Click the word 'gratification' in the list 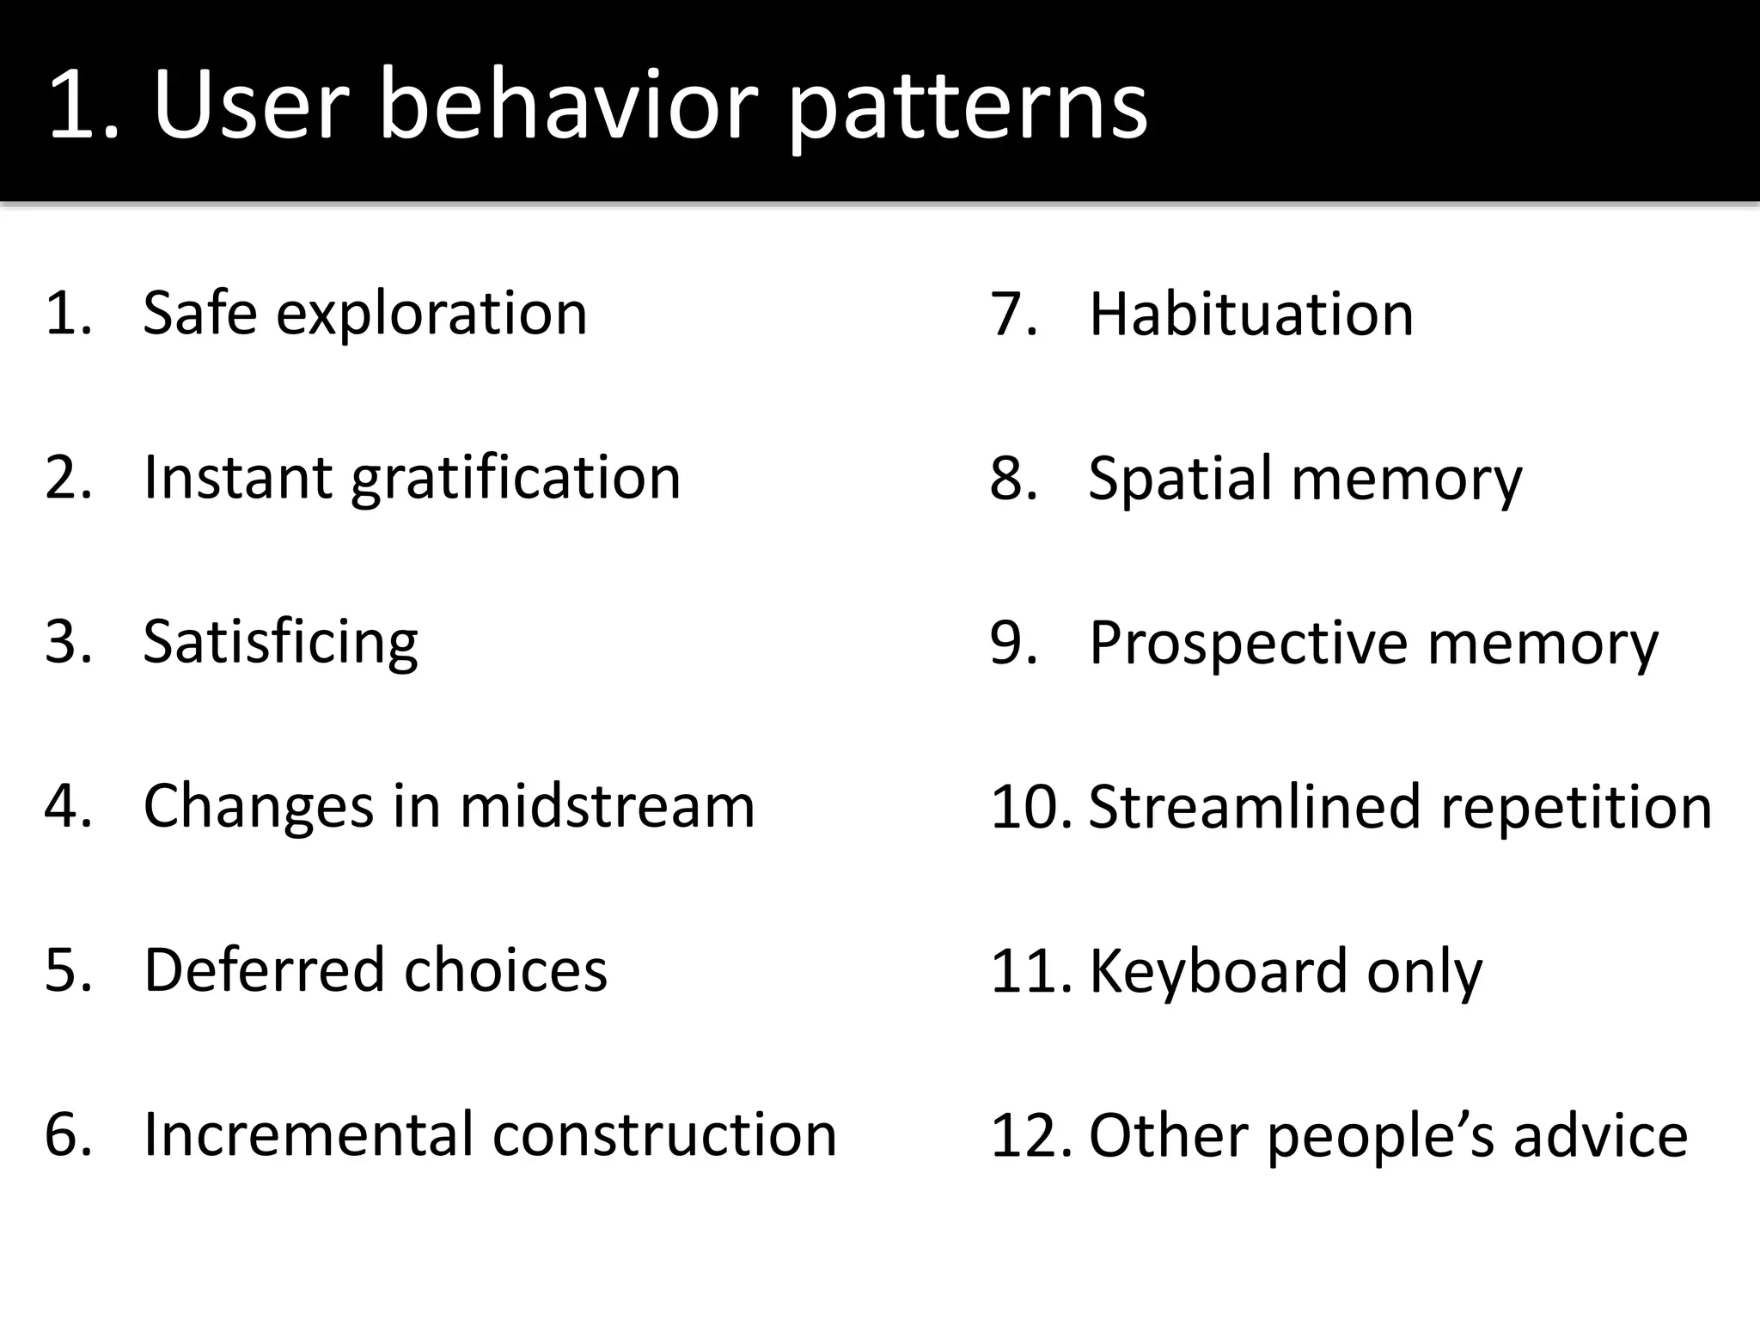516,480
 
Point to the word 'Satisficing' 280,644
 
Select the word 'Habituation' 1250,314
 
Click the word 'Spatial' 1181,480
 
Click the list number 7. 1012,315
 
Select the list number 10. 1030,808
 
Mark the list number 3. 67,642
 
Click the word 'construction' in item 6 663,1134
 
